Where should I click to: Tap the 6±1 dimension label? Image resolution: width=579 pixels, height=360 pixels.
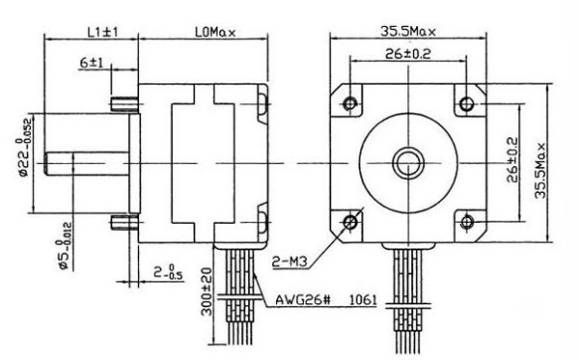tap(93, 64)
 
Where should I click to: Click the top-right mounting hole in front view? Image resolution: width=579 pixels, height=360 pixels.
tap(469, 101)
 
